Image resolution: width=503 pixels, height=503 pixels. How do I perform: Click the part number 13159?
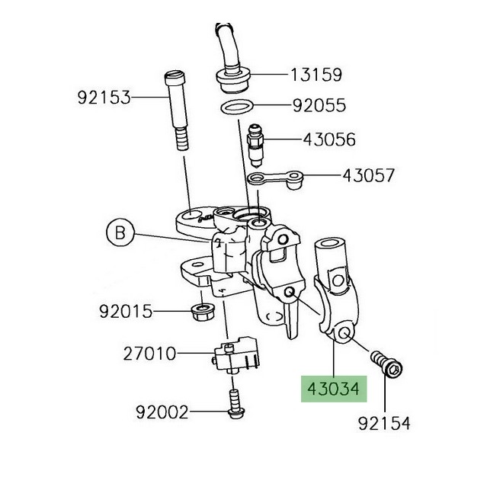315,75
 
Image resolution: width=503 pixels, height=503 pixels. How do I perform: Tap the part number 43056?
328,139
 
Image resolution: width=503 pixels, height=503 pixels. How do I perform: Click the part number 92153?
104,97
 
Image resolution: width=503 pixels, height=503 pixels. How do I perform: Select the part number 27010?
150,354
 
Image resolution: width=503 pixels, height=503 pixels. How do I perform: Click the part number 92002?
162,412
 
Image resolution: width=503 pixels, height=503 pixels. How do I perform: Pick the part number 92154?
384,422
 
